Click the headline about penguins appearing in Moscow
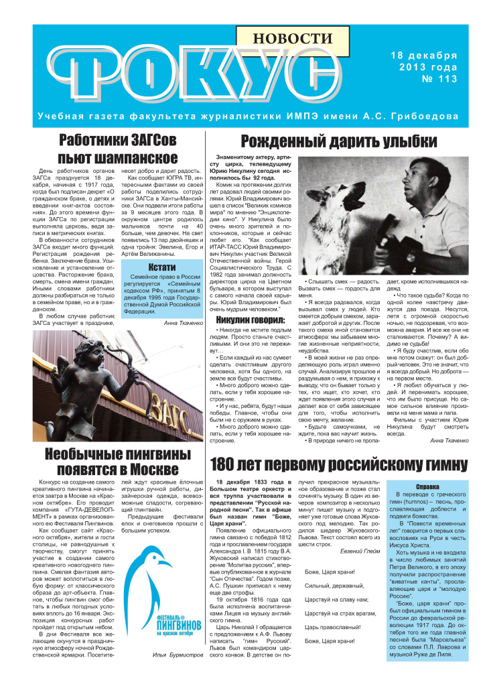[117, 463]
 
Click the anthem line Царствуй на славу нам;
[335, 599]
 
